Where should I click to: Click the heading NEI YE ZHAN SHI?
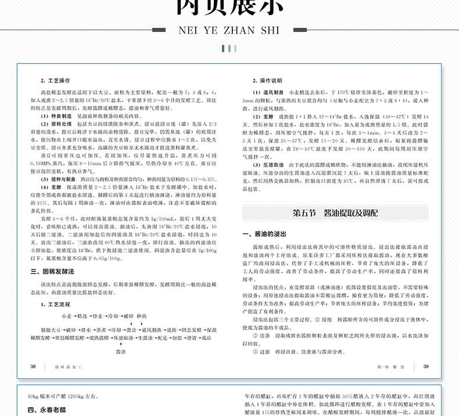229,30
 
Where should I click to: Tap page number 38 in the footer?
33,367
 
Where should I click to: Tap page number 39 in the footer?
426,367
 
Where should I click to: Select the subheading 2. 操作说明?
267,81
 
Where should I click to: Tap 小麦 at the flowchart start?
67,315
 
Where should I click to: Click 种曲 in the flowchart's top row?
149,315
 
